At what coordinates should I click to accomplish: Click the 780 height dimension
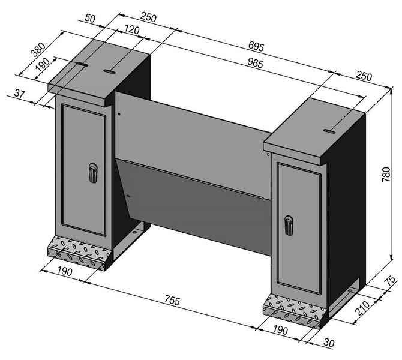tap(386, 175)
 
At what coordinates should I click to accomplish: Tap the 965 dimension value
tap(256, 63)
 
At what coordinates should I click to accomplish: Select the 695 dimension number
tap(256, 46)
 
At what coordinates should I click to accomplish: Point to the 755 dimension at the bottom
tap(172, 300)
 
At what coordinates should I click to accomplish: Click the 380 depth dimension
tap(38, 49)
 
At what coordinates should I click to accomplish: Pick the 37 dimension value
tap(19, 94)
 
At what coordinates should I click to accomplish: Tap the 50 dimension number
tap(90, 18)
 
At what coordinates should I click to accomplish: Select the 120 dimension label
tap(131, 30)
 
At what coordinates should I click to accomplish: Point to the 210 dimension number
tap(362, 308)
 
